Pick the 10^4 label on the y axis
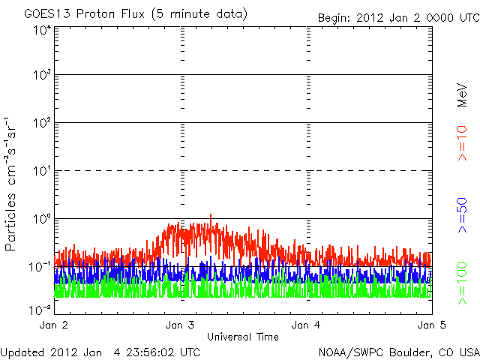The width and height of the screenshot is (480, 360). point(42,29)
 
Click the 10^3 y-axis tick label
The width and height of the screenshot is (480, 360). point(42,75)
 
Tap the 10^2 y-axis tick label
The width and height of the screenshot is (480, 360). point(42,122)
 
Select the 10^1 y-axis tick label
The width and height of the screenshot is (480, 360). point(42,170)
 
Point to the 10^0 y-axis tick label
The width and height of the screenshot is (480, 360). point(42,218)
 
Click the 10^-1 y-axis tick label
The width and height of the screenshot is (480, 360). point(40,266)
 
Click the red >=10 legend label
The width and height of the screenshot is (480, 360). point(463,143)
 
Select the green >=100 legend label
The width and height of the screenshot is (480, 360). point(463,282)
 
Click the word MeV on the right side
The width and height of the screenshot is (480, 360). point(463,94)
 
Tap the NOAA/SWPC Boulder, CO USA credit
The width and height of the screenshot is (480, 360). point(398,351)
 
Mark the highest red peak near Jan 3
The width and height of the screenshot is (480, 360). point(211,215)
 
